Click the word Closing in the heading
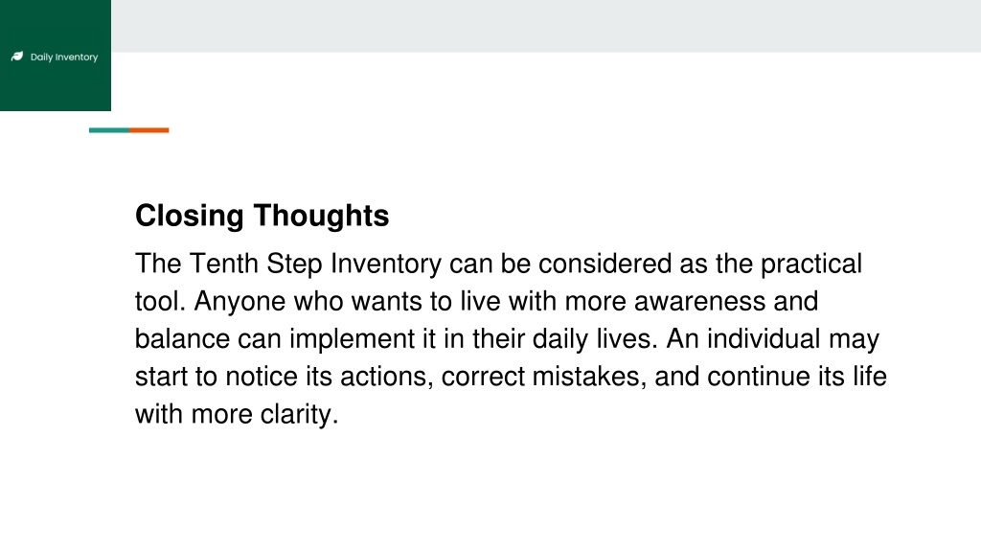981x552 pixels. (189, 217)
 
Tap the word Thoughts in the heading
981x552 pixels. (322, 216)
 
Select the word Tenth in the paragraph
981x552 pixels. (224, 264)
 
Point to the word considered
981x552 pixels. (605, 264)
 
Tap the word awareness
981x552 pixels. (699, 302)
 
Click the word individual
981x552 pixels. (764, 339)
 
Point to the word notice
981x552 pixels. (262, 377)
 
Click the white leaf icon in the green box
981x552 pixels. (17, 57)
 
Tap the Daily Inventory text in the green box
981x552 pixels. (64, 57)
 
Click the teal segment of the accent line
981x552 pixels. (109, 130)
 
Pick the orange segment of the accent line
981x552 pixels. (149, 130)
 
